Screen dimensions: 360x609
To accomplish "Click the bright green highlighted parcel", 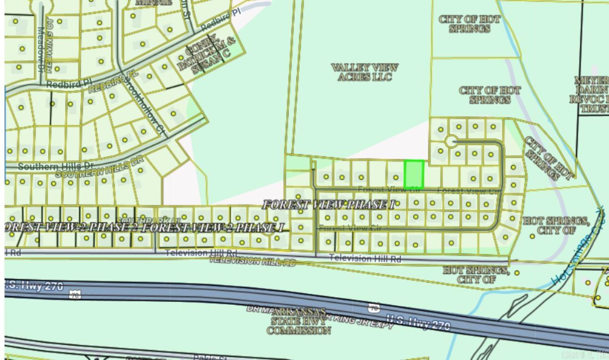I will point(414,174).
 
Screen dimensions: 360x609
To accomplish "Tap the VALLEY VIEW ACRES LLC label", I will point(364,72).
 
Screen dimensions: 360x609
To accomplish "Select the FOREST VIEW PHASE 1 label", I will point(329,205).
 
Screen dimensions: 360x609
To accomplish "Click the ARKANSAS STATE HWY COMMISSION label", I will point(298,321).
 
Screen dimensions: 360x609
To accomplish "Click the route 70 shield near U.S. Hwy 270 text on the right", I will point(374,308).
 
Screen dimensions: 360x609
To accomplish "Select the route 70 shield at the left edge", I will point(75,295).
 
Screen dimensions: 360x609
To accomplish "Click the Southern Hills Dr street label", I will point(56,167).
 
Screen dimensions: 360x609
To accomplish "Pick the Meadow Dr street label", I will point(41,43).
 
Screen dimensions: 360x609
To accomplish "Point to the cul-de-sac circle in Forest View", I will point(450,141).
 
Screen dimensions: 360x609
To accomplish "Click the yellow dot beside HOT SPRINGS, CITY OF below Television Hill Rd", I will point(517,273).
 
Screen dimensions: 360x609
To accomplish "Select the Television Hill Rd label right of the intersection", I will point(365,258).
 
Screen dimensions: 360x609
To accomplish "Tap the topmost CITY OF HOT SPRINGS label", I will point(469,24).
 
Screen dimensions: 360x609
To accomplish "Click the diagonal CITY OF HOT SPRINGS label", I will point(548,158).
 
